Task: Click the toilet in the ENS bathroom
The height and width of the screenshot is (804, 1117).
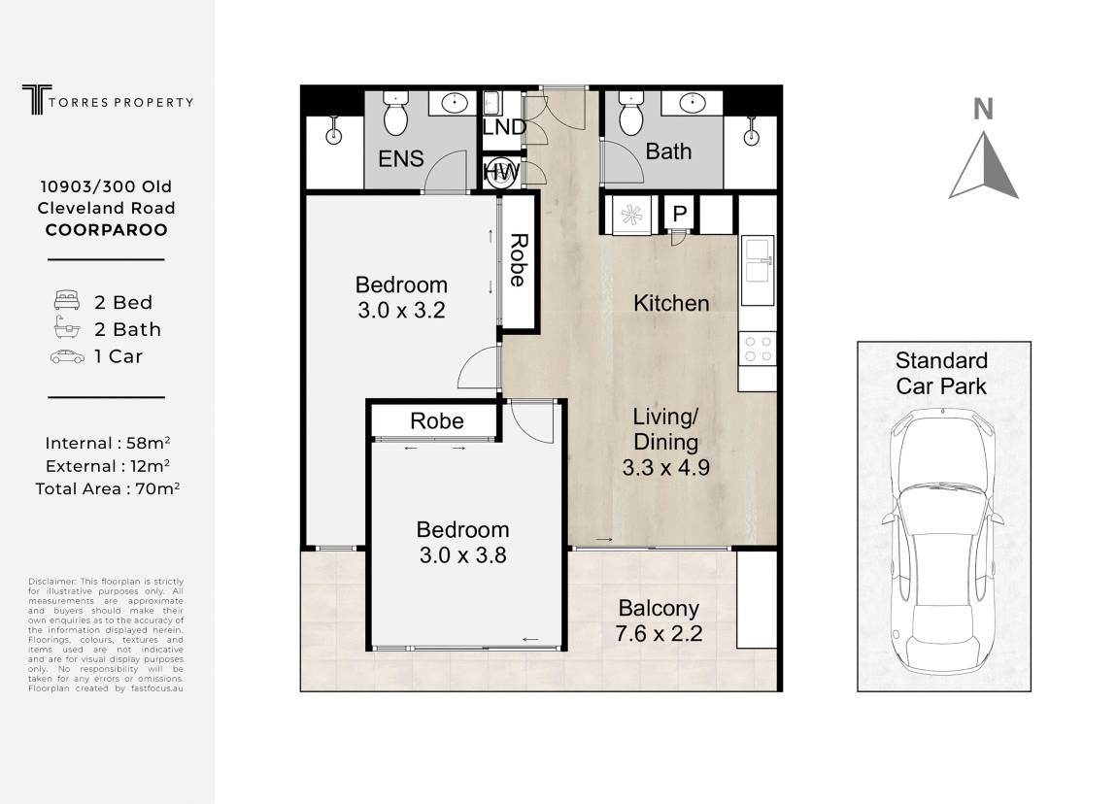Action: (x=395, y=113)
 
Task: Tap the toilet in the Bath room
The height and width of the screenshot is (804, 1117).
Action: (x=631, y=113)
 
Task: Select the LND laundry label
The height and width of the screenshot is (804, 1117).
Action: (x=504, y=127)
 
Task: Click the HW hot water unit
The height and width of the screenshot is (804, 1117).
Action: (x=501, y=172)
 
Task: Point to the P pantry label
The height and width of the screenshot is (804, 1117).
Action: (x=680, y=213)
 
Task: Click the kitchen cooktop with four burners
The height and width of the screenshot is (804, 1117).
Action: (x=758, y=349)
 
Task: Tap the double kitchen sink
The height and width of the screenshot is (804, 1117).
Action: (x=758, y=270)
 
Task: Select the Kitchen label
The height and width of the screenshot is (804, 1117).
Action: (x=671, y=303)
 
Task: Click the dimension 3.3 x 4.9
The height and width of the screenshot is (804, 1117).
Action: (x=665, y=468)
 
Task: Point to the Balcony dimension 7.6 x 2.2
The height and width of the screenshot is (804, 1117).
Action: (x=659, y=633)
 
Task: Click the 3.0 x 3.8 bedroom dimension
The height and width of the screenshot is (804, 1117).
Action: (x=463, y=554)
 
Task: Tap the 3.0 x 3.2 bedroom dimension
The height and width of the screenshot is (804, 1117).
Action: (x=401, y=310)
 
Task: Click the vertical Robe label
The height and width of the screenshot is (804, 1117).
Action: (x=519, y=260)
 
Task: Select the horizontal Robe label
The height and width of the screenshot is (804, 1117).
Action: (x=437, y=420)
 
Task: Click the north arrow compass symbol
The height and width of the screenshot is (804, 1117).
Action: (x=983, y=164)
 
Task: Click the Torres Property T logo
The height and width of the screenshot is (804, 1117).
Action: (x=36, y=99)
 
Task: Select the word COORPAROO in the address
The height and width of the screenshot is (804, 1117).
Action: (x=107, y=230)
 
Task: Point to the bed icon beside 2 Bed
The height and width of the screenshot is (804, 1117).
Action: (x=66, y=300)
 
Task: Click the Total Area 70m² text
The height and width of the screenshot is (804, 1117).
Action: (x=108, y=488)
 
